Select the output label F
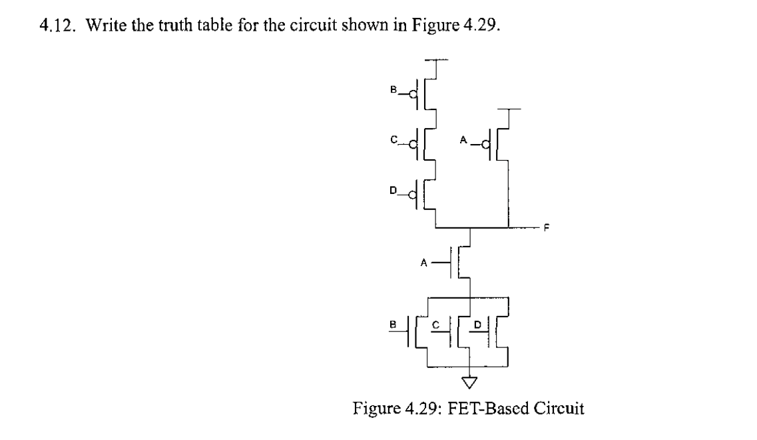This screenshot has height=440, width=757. tap(547, 228)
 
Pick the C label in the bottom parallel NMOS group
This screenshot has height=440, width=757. tap(435, 325)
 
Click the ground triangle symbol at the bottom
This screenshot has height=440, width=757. tap(471, 383)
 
